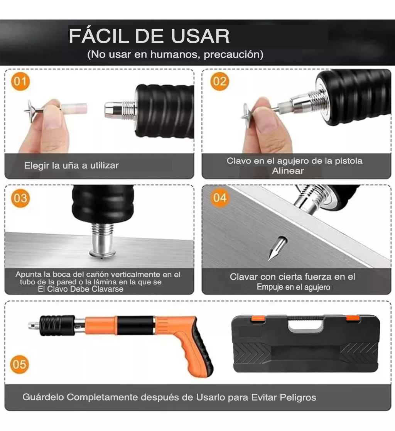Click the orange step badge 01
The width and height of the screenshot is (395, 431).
click(20, 82)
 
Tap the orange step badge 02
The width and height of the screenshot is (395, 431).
click(219, 82)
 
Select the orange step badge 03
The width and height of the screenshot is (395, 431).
click(20, 198)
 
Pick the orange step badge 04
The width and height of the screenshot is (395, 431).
click(219, 198)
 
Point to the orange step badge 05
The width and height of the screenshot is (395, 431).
click(20, 365)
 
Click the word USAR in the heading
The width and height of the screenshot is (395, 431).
click(200, 36)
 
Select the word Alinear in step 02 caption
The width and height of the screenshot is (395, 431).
click(288, 171)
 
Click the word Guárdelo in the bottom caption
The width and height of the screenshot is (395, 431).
click(43, 397)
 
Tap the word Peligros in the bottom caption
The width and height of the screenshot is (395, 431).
click(298, 397)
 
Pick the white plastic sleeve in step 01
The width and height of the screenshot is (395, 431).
click(74, 108)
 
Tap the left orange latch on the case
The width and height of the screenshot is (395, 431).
click(258, 318)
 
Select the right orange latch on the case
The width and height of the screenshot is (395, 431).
click(353, 318)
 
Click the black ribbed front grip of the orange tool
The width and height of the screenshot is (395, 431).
click(57, 325)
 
